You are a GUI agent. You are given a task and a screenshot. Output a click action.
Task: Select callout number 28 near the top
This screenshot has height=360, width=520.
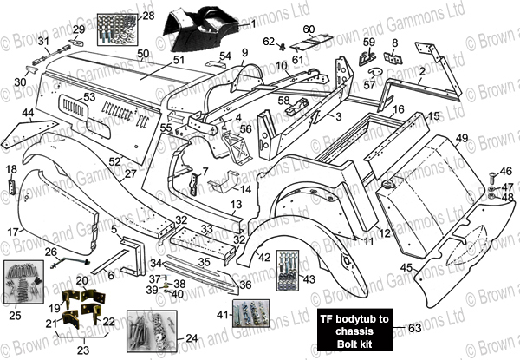(x=148, y=16)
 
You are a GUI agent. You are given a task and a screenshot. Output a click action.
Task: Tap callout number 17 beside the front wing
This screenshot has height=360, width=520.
(x=13, y=232)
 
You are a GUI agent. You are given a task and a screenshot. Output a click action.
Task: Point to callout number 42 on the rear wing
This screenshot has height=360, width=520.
(x=264, y=257)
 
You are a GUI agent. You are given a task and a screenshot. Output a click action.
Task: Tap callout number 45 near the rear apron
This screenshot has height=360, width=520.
(x=406, y=267)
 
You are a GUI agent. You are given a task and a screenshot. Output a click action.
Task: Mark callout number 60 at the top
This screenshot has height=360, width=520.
(x=309, y=29)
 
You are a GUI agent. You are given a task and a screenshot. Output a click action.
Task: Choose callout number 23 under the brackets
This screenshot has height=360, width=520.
(x=83, y=351)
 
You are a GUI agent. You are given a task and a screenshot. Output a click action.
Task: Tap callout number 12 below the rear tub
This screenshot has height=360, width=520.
(x=383, y=233)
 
